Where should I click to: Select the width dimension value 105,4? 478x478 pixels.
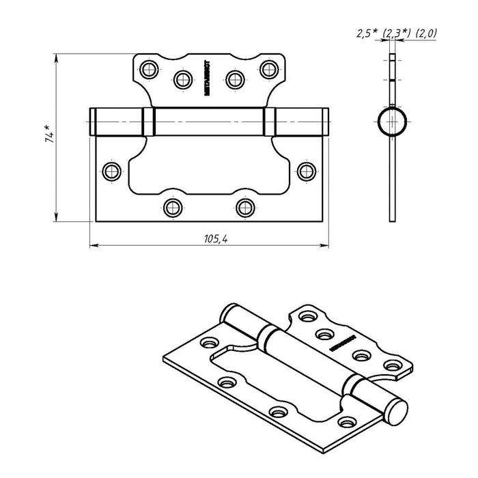point(216,238)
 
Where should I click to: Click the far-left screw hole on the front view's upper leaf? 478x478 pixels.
point(148,68)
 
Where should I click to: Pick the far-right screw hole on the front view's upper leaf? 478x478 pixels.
point(268,68)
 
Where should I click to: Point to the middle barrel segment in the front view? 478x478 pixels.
point(208,122)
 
